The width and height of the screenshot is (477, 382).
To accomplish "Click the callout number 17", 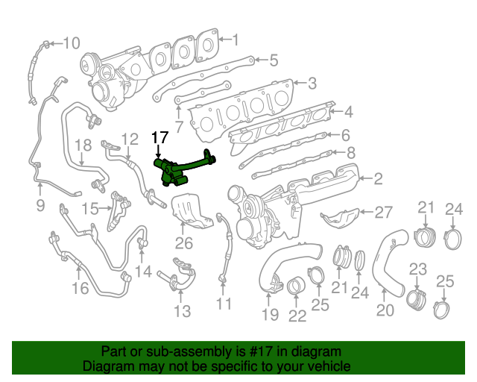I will tap(160, 137).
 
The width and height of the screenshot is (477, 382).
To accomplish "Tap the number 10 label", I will tap(70, 43).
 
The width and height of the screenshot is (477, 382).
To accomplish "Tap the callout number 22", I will tap(297, 316).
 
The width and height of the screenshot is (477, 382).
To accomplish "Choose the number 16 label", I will tap(80, 288).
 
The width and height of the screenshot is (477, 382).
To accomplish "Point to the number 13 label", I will tap(181, 310).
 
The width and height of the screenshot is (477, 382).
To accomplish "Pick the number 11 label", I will tap(224, 304).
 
